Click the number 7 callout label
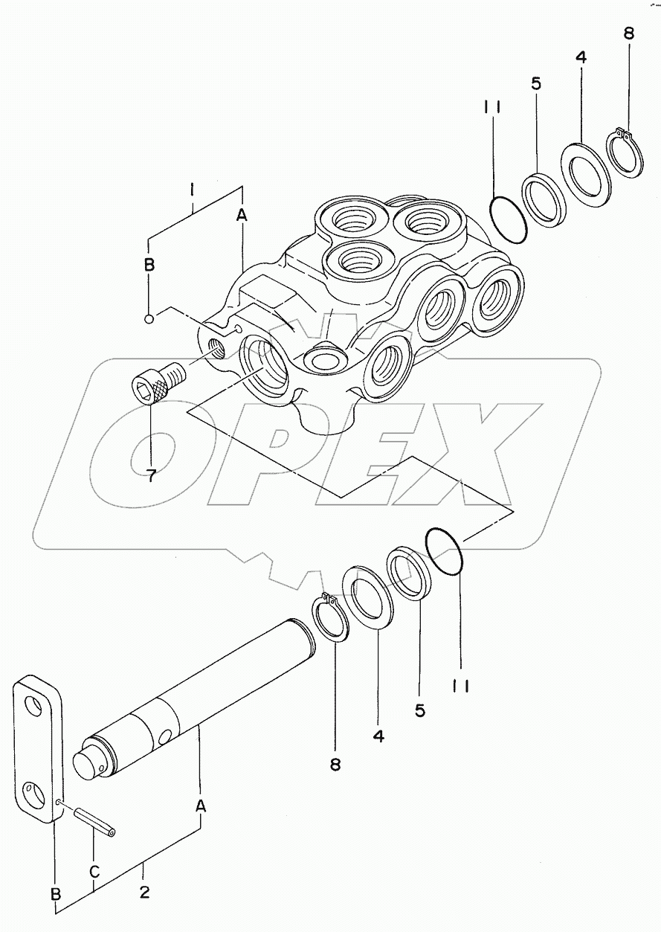(151, 475)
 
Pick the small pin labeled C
(95, 822)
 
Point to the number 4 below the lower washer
(378, 736)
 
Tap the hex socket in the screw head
(143, 389)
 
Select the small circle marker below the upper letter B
(149, 319)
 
